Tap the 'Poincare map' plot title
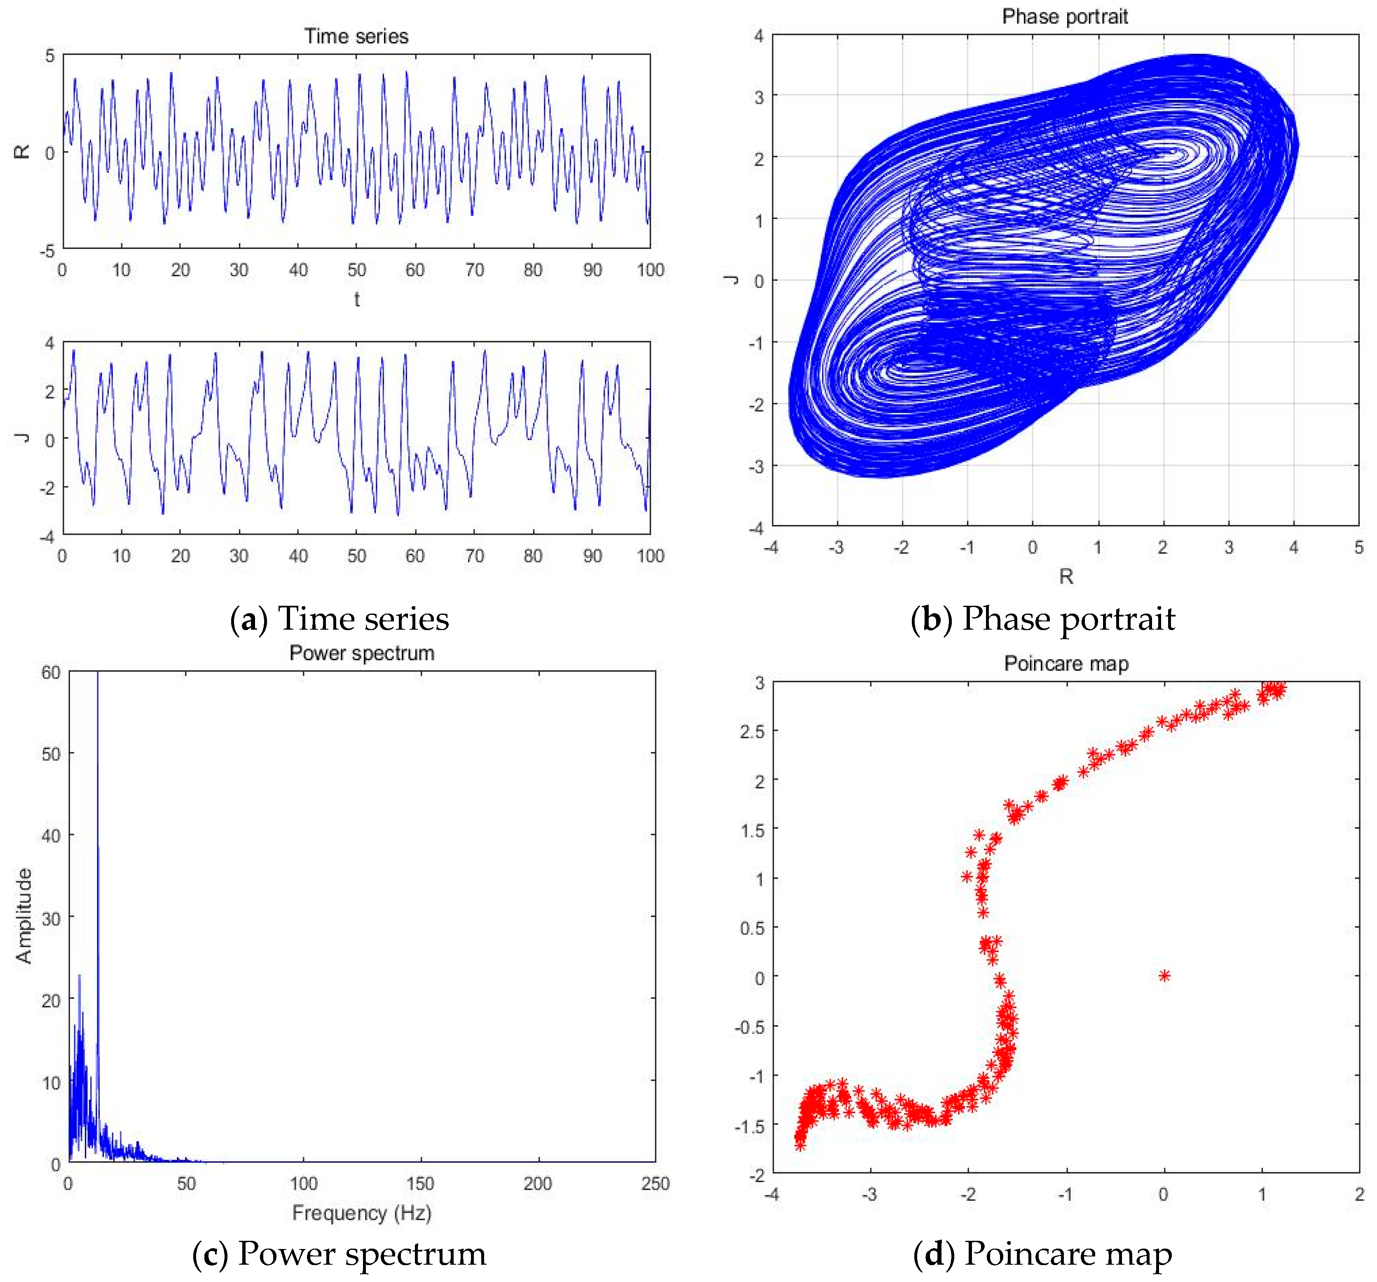click(x=1066, y=663)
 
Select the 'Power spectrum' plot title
click(x=362, y=653)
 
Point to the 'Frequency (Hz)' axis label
click(x=362, y=1213)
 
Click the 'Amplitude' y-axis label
click(x=24, y=916)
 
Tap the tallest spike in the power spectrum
click(x=98, y=762)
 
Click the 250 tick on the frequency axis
click(x=655, y=1184)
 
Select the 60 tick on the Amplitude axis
click(x=51, y=673)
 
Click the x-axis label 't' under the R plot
click(x=357, y=299)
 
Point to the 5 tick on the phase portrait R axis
click(x=1358, y=547)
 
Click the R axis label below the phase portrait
click(x=1066, y=576)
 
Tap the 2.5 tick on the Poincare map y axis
click(x=752, y=731)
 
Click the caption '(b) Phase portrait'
click(x=1042, y=619)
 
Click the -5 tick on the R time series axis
click(x=47, y=251)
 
